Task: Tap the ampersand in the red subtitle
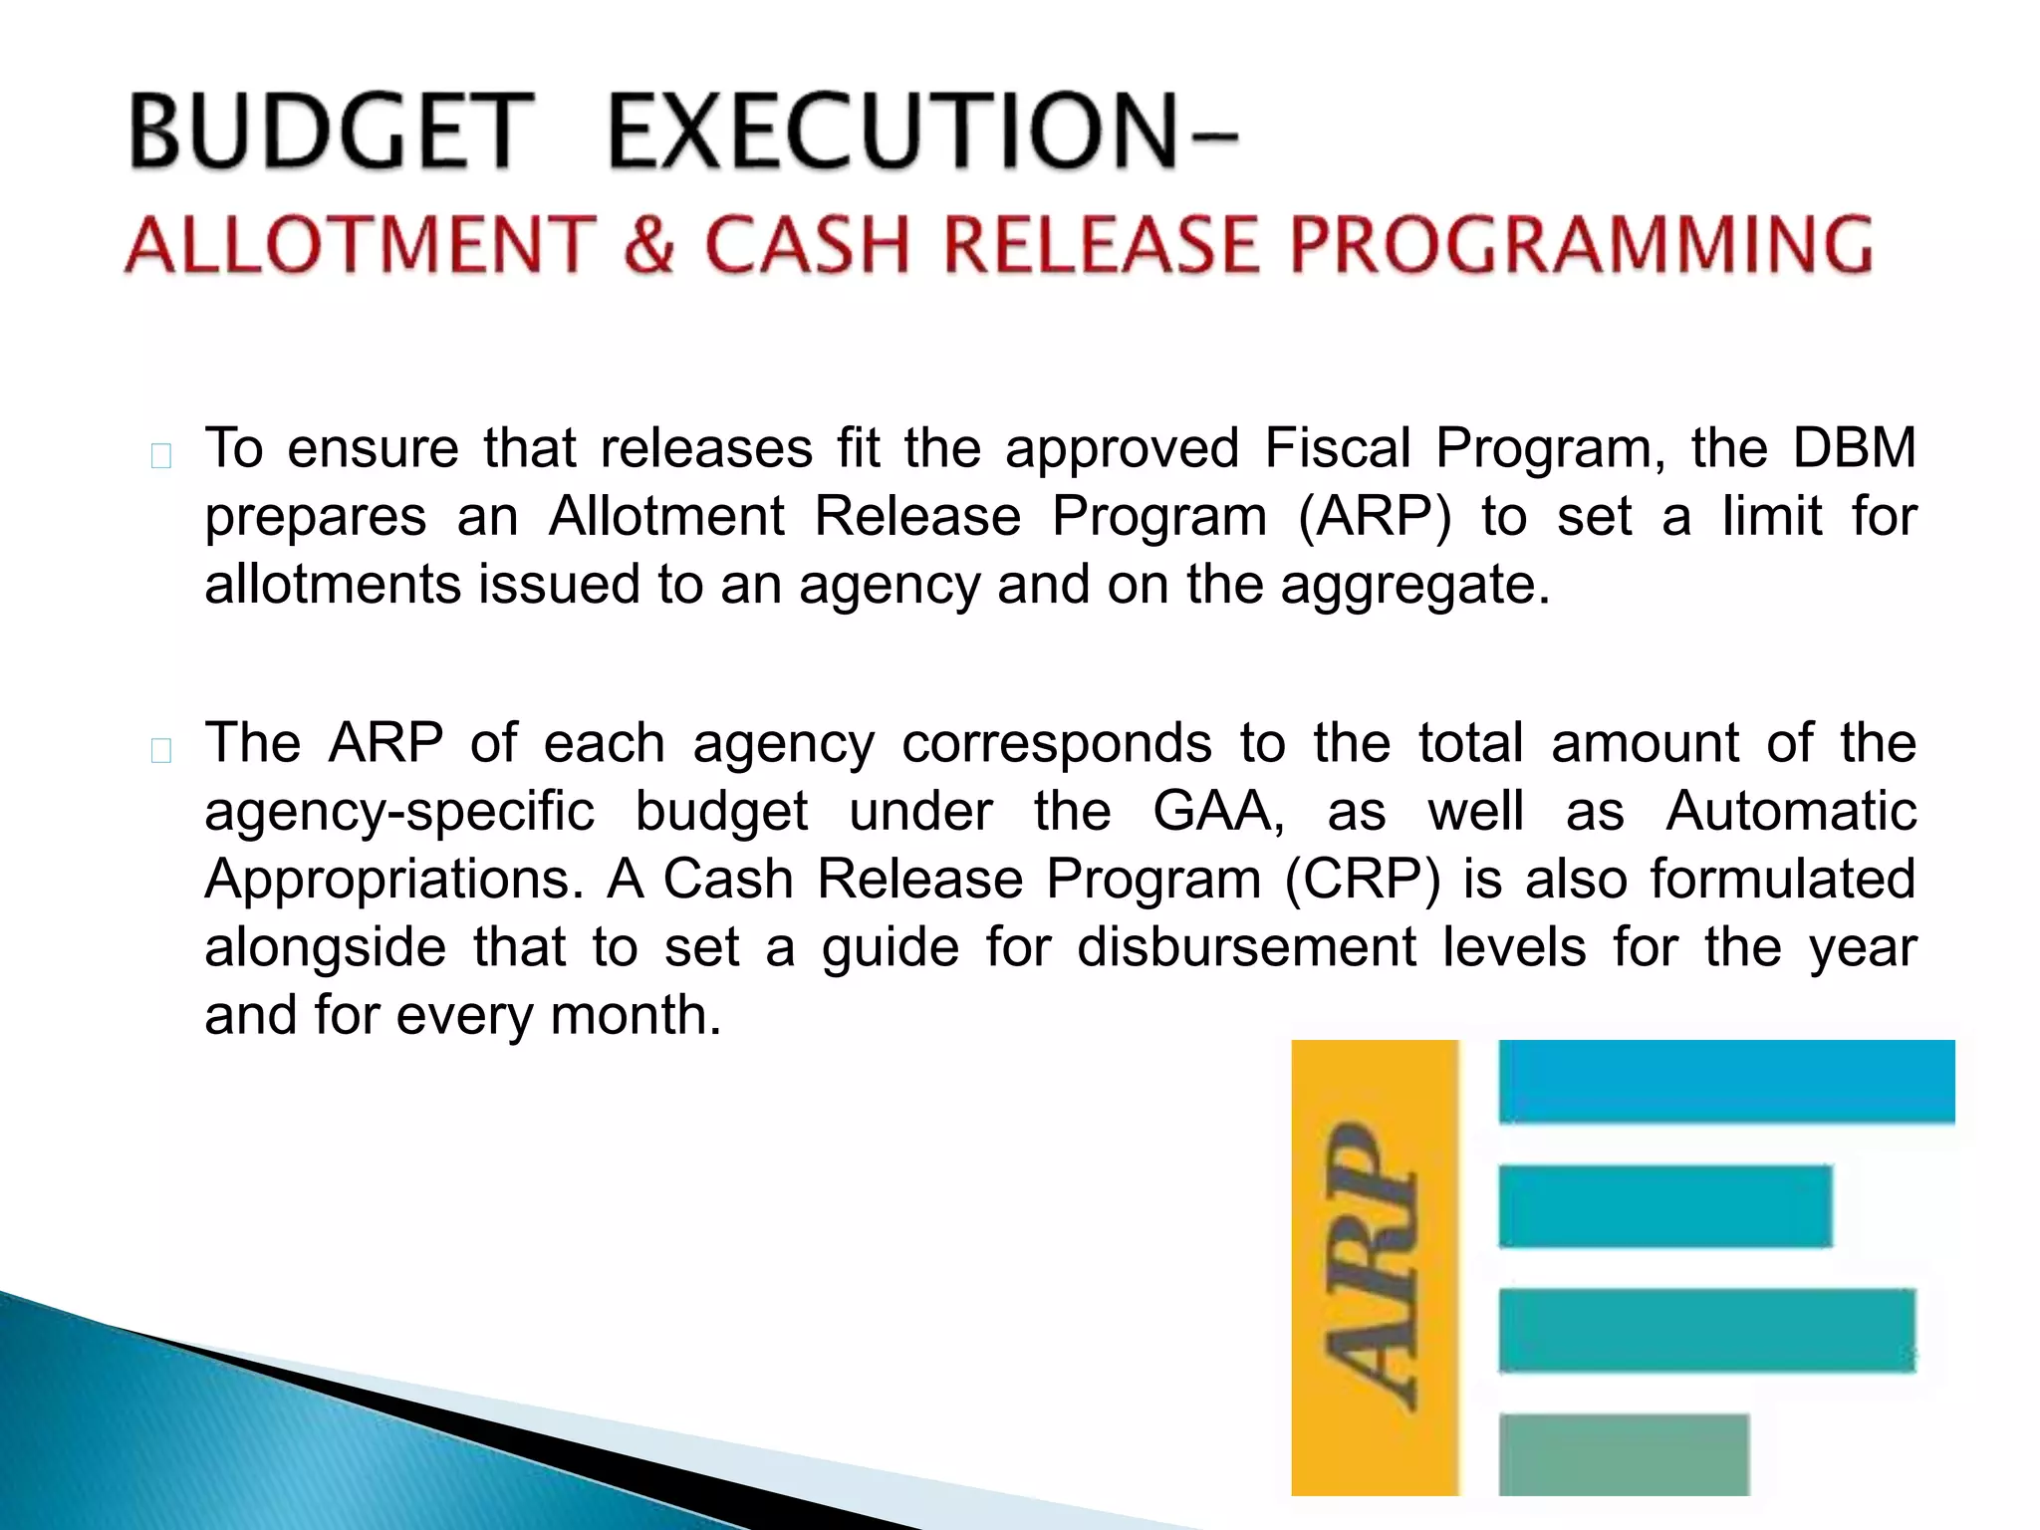pyautogui.click(x=648, y=245)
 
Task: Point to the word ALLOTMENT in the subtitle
pyautogui.click(x=360, y=245)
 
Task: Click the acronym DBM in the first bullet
pyautogui.click(x=1854, y=448)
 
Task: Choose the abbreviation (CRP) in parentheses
pyautogui.click(x=1362, y=880)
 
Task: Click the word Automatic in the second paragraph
pyautogui.click(x=1790, y=811)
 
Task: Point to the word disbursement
pyautogui.click(x=1246, y=947)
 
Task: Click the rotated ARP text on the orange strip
pyautogui.click(x=1373, y=1266)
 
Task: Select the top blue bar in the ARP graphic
pyautogui.click(x=1725, y=1082)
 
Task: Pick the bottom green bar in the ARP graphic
pyautogui.click(x=1624, y=1453)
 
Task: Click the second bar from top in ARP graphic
pyautogui.click(x=1664, y=1205)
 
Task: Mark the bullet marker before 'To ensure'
pyautogui.click(x=161, y=456)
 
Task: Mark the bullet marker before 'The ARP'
pyautogui.click(x=161, y=750)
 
